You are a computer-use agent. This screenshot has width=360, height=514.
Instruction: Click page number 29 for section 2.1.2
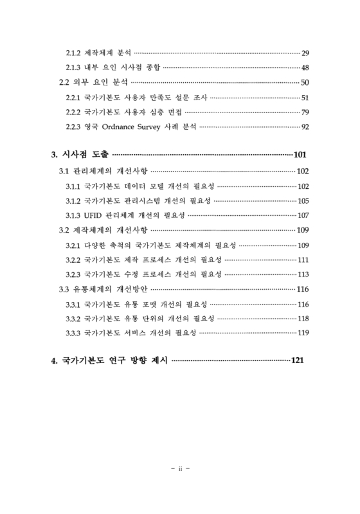(305, 52)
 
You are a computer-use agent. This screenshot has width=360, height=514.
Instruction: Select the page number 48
(305, 67)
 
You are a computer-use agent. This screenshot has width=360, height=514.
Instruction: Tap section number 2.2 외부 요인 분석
(64, 82)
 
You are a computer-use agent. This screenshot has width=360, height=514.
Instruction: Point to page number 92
(305, 125)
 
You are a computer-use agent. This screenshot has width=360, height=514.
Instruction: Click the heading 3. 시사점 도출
(80, 155)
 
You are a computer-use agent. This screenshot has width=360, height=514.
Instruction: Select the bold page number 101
(301, 155)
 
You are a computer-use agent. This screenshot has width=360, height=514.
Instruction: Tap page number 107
(303, 215)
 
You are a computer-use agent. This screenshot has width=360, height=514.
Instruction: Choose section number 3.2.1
(73, 245)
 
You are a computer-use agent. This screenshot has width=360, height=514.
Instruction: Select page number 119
(303, 332)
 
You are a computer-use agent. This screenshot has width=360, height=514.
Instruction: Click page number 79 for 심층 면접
(305, 112)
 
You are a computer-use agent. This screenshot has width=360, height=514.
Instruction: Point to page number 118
(303, 318)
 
